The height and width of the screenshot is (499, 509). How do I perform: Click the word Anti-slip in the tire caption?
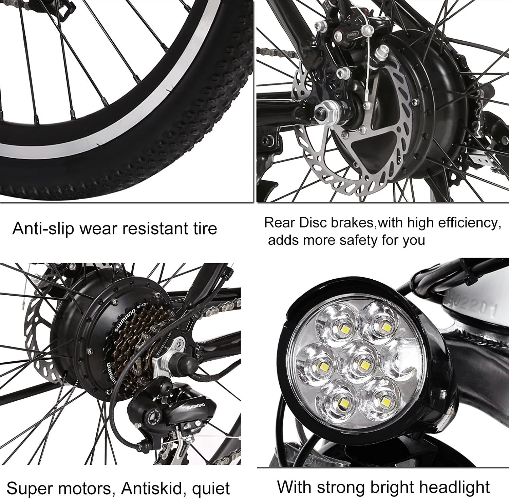click(42, 229)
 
